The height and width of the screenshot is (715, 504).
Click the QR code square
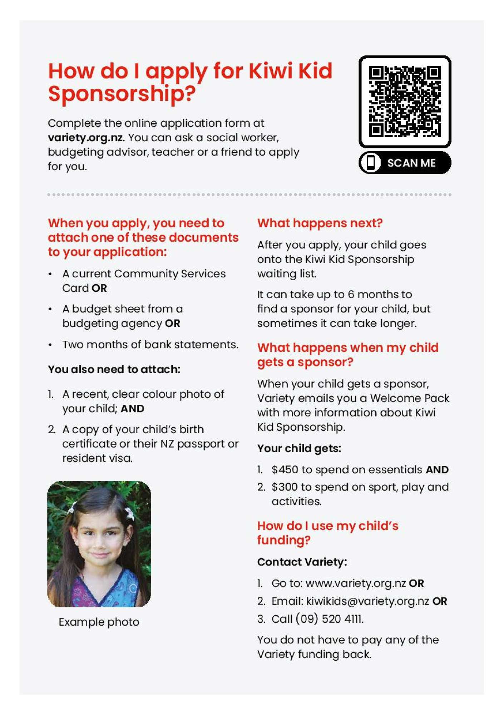click(405, 102)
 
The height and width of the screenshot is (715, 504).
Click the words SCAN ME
click(411, 163)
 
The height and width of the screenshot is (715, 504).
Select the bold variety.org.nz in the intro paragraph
click(85, 138)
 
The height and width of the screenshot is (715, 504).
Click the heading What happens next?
click(320, 223)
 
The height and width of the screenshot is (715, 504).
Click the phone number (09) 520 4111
click(329, 619)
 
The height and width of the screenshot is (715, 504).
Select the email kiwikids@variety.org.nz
click(367, 601)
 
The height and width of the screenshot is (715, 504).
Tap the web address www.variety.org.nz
click(356, 583)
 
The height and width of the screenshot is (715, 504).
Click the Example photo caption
click(99, 622)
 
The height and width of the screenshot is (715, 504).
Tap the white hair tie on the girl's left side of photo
click(73, 508)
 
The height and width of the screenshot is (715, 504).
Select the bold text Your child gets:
click(299, 448)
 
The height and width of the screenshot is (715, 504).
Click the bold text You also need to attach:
click(114, 369)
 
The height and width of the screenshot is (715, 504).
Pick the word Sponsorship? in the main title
click(122, 94)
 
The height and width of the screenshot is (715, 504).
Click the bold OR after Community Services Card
click(99, 288)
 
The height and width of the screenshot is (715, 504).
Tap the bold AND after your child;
click(132, 409)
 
